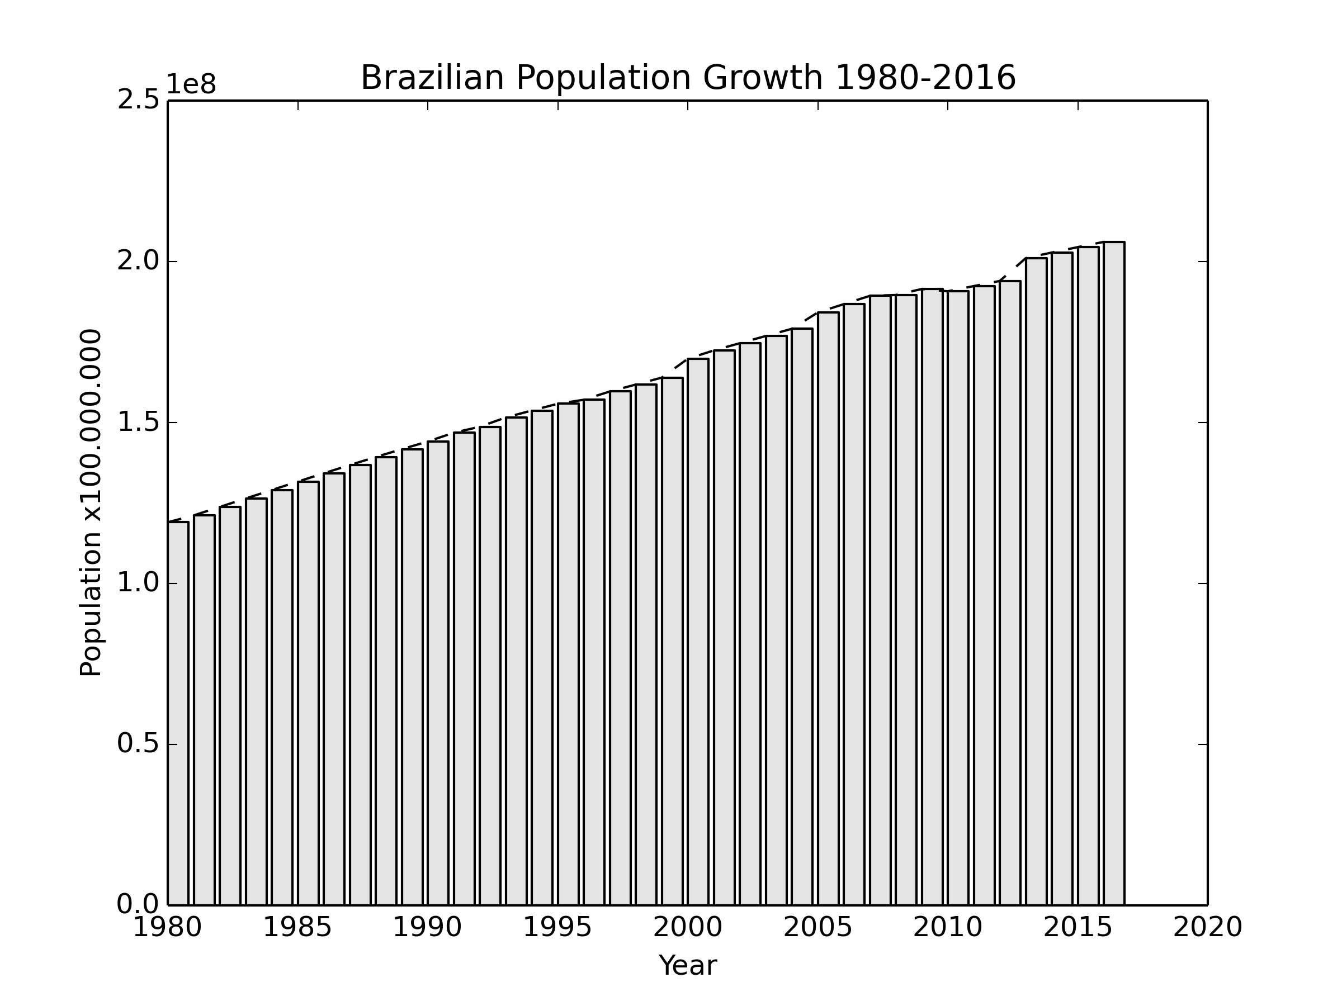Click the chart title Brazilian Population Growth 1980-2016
click(x=687, y=78)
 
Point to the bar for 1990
click(x=438, y=672)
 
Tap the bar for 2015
click(x=1088, y=576)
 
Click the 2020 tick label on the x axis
click(x=1207, y=928)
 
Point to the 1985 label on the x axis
click(x=297, y=928)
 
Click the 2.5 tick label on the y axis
click(x=138, y=100)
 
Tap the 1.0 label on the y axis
click(x=138, y=583)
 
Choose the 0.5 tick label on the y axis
click(x=138, y=744)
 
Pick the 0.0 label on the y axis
click(x=138, y=905)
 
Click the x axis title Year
click(x=687, y=966)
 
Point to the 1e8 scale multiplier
click(x=191, y=85)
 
